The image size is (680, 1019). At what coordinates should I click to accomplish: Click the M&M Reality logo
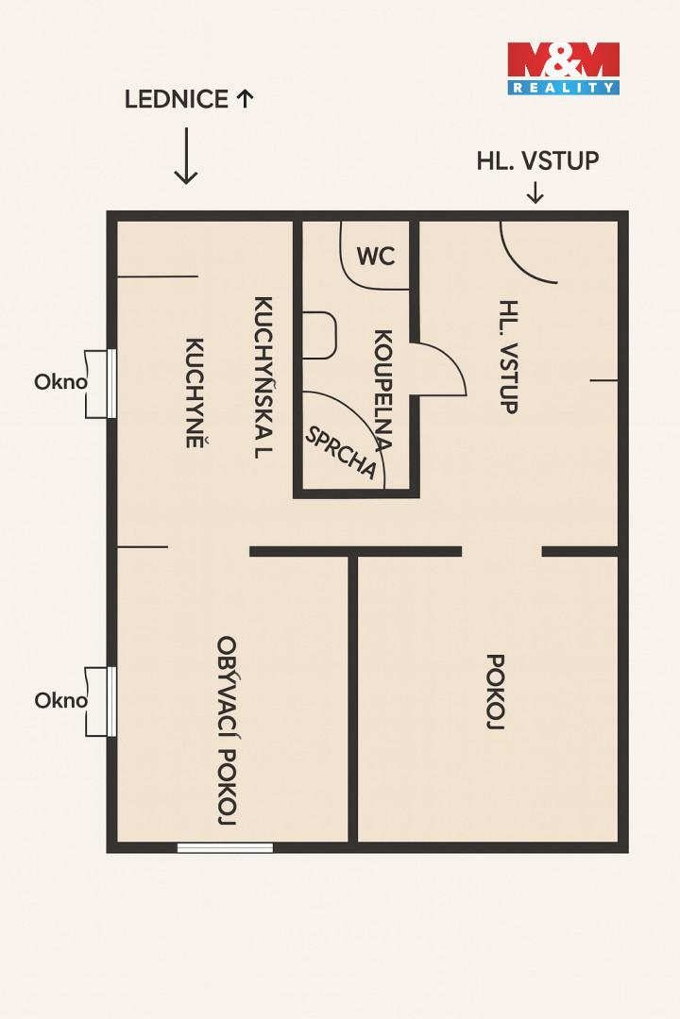pyautogui.click(x=564, y=68)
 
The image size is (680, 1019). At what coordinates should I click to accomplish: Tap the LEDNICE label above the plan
pyautogui.click(x=177, y=99)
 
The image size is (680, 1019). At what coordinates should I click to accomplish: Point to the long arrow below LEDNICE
pyautogui.click(x=186, y=156)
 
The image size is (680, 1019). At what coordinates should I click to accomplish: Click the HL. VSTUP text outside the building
pyautogui.click(x=537, y=160)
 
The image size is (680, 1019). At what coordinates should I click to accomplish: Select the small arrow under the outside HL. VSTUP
pyautogui.click(x=535, y=192)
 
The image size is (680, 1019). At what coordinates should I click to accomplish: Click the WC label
pyautogui.click(x=376, y=256)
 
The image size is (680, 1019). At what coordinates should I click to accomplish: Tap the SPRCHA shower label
pyautogui.click(x=341, y=452)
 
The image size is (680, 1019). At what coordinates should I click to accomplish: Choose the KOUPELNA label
pyautogui.click(x=382, y=391)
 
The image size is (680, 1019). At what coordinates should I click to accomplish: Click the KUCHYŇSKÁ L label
pyautogui.click(x=263, y=377)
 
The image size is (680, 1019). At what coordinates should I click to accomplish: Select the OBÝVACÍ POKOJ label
pyautogui.click(x=227, y=730)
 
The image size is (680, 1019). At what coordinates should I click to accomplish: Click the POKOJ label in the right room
pyautogui.click(x=496, y=692)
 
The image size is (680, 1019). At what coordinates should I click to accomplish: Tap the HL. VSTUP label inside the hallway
pyautogui.click(x=509, y=356)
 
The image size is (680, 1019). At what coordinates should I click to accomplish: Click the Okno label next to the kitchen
pyautogui.click(x=60, y=381)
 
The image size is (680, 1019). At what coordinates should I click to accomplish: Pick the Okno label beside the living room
pyautogui.click(x=60, y=700)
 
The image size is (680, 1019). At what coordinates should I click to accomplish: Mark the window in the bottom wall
pyautogui.click(x=225, y=847)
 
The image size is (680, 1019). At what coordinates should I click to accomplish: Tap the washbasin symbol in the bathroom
pyautogui.click(x=320, y=335)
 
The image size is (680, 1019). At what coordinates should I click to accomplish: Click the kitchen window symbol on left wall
pyautogui.click(x=101, y=383)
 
